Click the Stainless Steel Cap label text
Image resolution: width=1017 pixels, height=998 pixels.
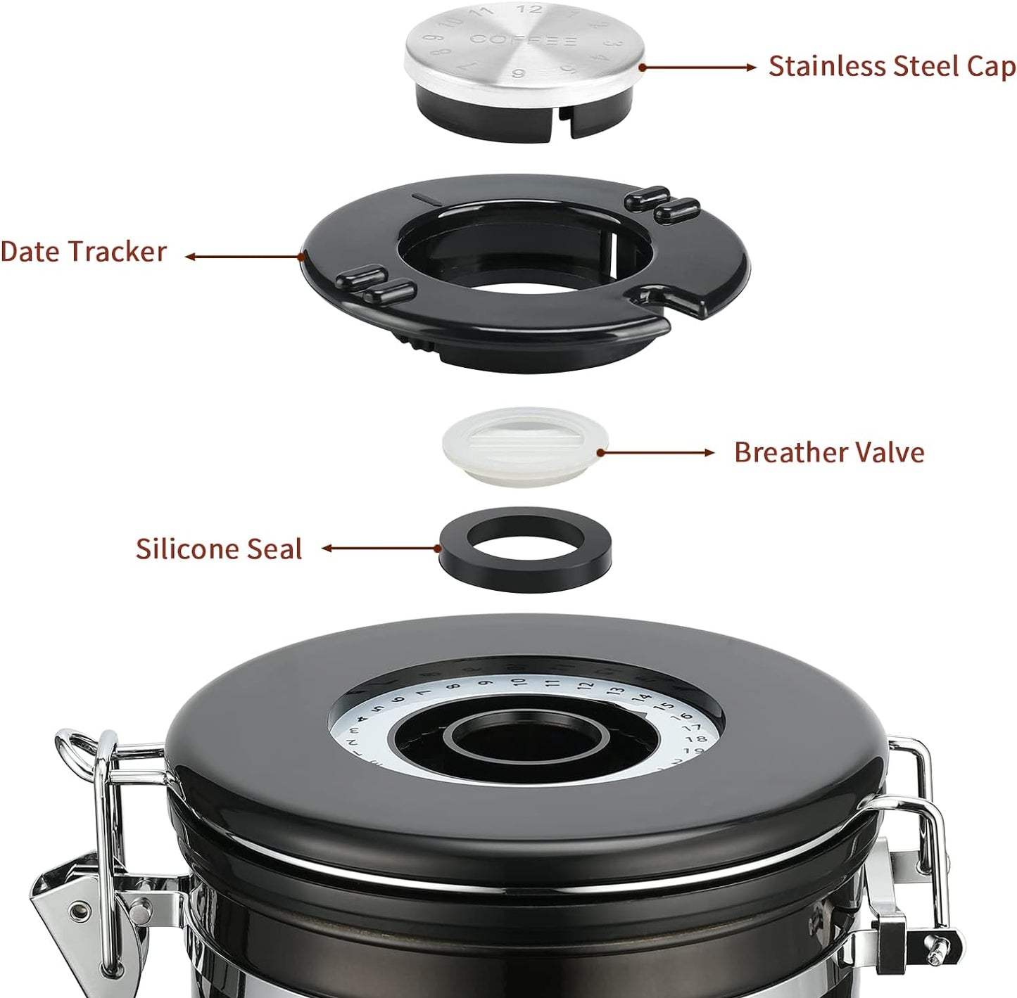click(891, 66)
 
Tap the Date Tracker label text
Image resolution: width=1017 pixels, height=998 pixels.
click(83, 252)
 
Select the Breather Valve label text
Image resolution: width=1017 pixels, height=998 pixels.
click(828, 452)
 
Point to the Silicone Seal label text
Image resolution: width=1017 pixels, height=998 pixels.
click(219, 549)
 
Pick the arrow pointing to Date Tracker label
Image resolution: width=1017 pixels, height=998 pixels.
click(243, 257)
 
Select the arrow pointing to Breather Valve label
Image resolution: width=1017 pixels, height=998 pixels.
click(655, 452)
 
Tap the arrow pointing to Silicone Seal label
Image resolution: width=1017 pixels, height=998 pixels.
click(380, 548)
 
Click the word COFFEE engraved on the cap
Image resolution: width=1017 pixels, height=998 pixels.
click(524, 40)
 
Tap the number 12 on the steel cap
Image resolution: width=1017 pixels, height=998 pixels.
click(529, 9)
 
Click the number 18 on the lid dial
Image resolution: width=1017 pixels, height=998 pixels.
click(695, 739)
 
